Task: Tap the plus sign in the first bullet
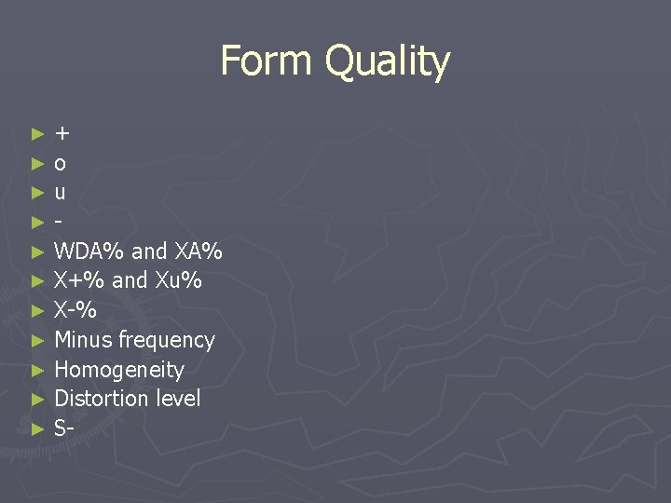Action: click(62, 134)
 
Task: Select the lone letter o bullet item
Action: click(61, 165)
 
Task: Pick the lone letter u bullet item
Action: click(61, 194)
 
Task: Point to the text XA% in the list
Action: click(199, 251)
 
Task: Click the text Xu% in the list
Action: click(177, 280)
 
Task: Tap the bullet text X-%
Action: click(75, 310)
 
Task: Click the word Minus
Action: click(84, 340)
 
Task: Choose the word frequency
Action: click(167, 341)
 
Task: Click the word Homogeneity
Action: click(119, 370)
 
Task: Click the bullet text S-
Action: click(64, 428)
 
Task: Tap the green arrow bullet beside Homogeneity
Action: click(37, 371)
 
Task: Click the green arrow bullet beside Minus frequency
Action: click(37, 341)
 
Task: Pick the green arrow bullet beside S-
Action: click(37, 429)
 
